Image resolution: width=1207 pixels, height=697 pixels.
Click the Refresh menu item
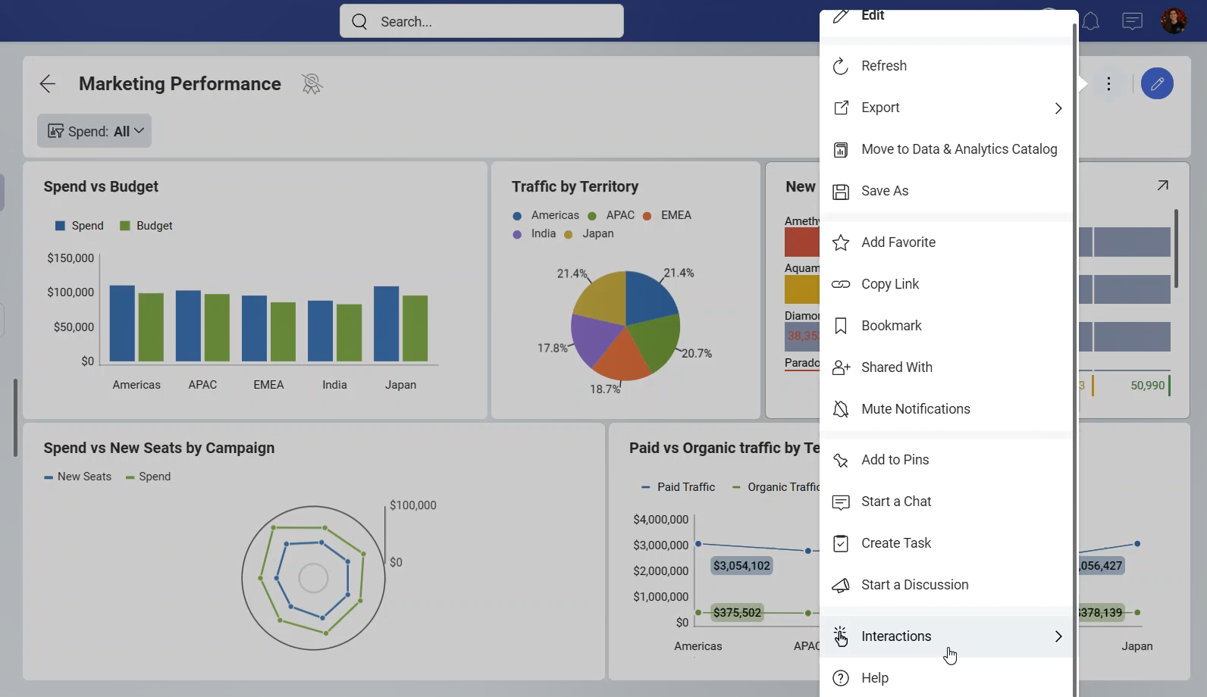click(x=884, y=66)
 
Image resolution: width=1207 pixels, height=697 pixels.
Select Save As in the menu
click(x=885, y=191)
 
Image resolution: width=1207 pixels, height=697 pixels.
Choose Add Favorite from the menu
click(x=898, y=242)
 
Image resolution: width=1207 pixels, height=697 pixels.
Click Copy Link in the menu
click(x=890, y=284)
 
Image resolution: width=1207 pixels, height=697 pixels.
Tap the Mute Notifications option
click(x=916, y=409)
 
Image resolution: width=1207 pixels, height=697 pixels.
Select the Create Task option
click(x=896, y=543)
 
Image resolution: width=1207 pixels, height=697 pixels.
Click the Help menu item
click(x=875, y=678)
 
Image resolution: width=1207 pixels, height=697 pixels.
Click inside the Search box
click(x=493, y=22)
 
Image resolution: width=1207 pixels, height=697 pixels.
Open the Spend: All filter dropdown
click(x=94, y=131)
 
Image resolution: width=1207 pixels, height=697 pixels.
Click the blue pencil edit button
click(x=1157, y=83)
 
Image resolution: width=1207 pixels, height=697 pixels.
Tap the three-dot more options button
click(x=1108, y=83)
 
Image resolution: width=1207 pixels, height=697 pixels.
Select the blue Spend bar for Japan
click(x=386, y=324)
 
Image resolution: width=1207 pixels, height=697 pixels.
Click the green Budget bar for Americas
click(x=151, y=327)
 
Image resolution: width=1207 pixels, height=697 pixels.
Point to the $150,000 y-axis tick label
click(x=71, y=258)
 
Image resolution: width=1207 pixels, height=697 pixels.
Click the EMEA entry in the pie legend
click(x=676, y=215)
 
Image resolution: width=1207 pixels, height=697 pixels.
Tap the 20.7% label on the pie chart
click(x=696, y=353)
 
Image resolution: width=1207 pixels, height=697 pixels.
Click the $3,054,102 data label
click(x=741, y=566)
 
